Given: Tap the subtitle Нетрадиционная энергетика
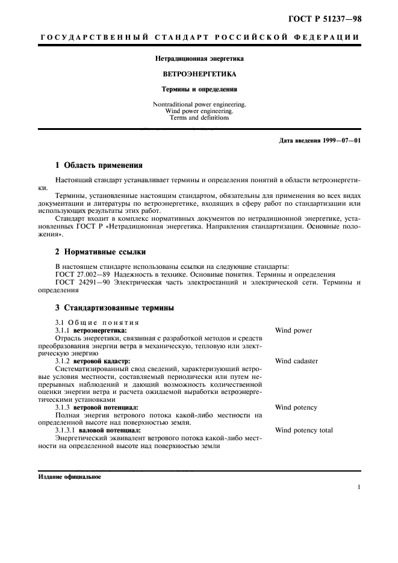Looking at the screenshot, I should (199, 59).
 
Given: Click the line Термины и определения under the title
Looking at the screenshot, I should (199, 89).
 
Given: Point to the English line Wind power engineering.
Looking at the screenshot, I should (199, 111).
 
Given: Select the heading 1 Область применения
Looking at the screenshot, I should (99, 165).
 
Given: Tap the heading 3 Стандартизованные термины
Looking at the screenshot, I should (114, 308).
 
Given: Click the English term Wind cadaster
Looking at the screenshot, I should (296, 361).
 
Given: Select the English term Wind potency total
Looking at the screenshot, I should (303, 430).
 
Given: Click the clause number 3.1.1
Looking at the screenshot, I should (63, 331).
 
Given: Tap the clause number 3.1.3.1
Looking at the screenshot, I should (66, 431).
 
